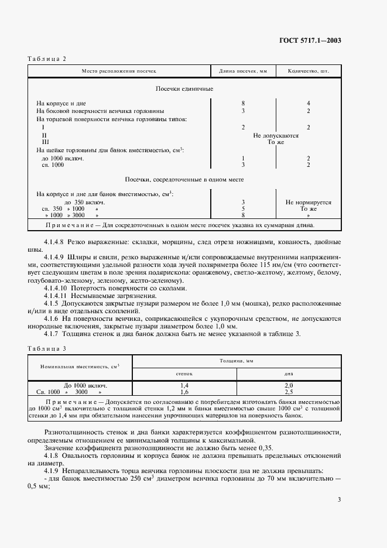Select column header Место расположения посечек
[x=119, y=71]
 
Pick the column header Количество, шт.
[x=308, y=71]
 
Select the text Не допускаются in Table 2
[x=276, y=135]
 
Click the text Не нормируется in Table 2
[x=309, y=201]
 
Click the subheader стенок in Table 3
[x=184, y=372]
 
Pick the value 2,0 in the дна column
[x=288, y=385]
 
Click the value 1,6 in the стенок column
[x=184, y=392]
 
